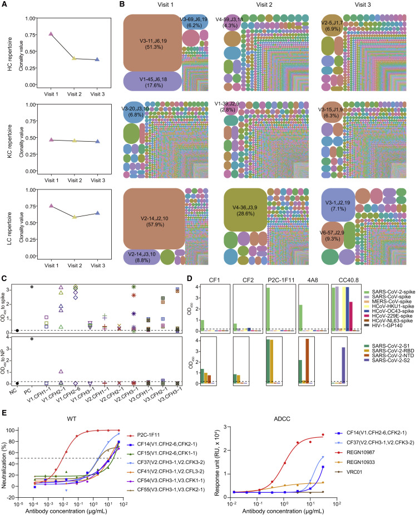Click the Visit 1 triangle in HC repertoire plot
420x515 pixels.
tap(51, 34)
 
